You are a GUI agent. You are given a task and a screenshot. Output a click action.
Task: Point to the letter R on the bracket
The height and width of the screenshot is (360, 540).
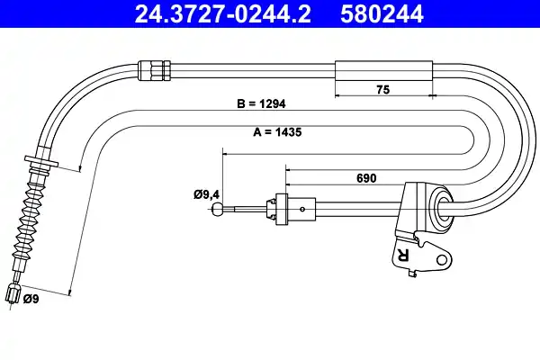[402, 256]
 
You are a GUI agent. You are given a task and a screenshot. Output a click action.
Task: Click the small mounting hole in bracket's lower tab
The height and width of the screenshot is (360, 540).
[442, 260]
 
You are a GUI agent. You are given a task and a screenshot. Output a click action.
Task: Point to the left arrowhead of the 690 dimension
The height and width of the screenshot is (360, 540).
[288, 167]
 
